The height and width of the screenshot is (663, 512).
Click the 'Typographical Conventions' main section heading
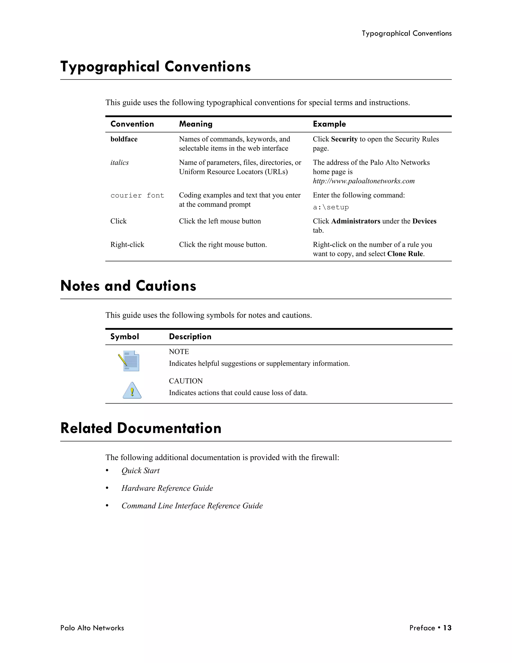point(155,67)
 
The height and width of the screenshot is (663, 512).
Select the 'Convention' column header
point(132,124)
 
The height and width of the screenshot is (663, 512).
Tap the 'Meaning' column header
point(196,124)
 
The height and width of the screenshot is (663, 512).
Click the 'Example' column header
point(329,124)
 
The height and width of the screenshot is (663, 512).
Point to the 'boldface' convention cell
point(124,139)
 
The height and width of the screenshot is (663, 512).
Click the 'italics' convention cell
point(119,163)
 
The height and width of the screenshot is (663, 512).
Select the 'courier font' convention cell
point(137,195)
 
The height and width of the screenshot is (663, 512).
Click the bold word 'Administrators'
point(355,221)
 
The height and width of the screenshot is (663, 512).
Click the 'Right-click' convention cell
point(127,245)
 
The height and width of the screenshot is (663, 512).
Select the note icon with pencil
point(129,361)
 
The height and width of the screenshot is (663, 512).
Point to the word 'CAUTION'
point(186,381)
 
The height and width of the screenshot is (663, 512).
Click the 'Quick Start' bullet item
point(140,471)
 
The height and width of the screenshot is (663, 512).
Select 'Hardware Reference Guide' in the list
point(167,488)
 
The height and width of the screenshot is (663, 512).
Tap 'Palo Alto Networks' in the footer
point(92,628)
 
